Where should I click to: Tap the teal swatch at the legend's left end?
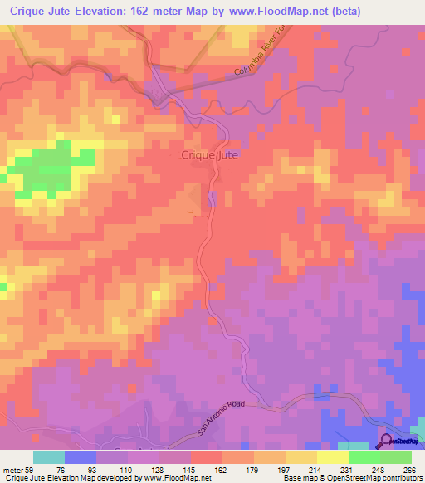(48, 457)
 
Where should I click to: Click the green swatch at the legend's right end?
(395, 457)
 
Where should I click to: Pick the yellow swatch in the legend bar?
(333, 457)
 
